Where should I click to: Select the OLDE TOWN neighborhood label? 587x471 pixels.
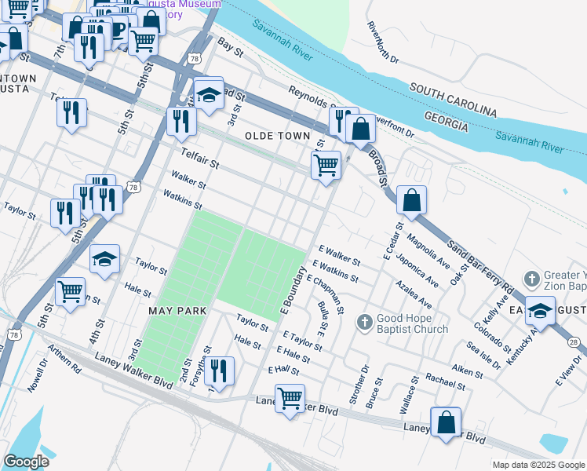278,136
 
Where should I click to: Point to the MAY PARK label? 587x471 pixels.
178,311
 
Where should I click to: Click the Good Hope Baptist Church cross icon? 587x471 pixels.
364,322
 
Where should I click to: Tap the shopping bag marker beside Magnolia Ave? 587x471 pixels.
411,202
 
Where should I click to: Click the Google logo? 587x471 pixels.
27,461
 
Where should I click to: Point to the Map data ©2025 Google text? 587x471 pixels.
538,465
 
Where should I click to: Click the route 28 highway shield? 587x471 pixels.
574,341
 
